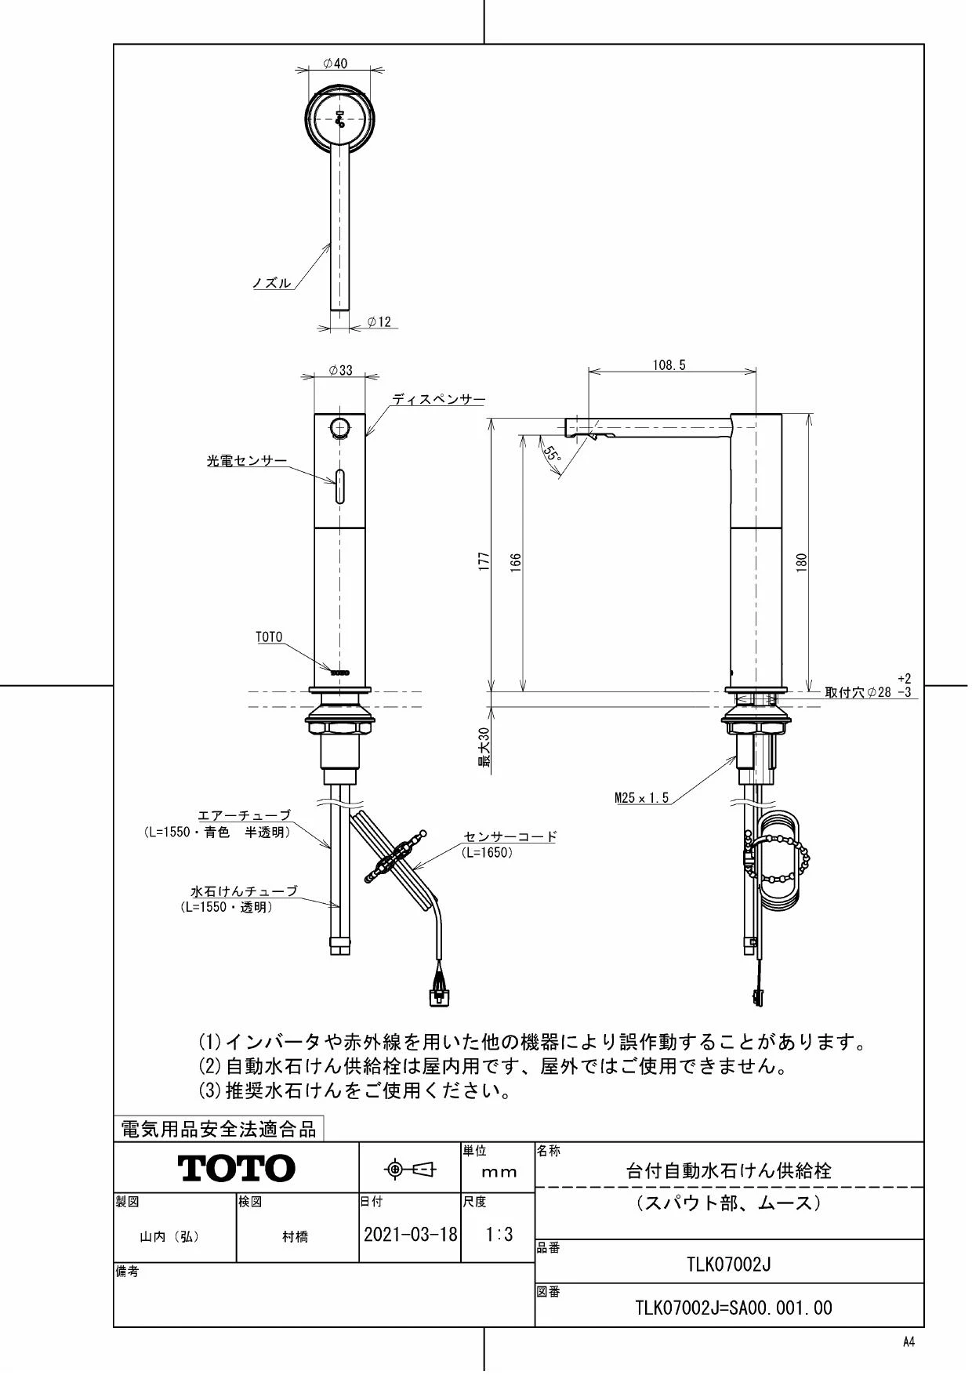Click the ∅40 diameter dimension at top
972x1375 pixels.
335,63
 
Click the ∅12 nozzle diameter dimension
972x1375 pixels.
379,321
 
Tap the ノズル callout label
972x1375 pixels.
271,283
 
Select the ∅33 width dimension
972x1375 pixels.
340,370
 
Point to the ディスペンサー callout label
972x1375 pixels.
438,399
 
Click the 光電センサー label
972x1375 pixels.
246,462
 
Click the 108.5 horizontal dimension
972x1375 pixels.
669,365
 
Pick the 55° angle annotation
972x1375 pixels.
552,454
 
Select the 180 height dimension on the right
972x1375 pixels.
801,561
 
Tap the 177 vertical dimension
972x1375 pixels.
484,561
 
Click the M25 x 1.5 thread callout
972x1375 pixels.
641,798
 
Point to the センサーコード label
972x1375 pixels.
510,836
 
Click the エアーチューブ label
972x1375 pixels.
243,816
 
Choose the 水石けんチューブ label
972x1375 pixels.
245,891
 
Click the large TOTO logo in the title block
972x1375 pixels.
237,1168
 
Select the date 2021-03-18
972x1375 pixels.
410,1235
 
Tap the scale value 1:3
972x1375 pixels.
499,1235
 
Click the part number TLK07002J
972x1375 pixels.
729,1264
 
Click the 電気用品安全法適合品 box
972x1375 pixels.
219,1129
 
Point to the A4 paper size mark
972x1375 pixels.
909,1342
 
